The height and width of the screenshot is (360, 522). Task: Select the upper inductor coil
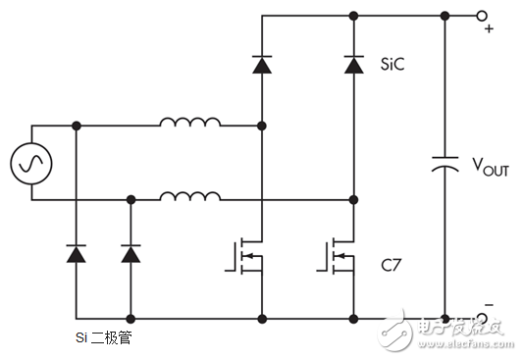point(190,124)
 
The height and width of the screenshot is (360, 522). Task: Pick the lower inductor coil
point(190,197)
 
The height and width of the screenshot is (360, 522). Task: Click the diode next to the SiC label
point(353,65)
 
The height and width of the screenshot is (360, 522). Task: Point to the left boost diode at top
point(261,65)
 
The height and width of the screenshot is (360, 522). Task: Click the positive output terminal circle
point(482,16)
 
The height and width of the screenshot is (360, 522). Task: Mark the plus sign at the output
point(488,29)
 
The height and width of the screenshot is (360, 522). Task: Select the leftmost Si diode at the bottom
point(76,254)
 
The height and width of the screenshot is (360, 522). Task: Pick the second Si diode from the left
point(130,254)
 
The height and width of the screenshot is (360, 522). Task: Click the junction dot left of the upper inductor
point(76,126)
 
